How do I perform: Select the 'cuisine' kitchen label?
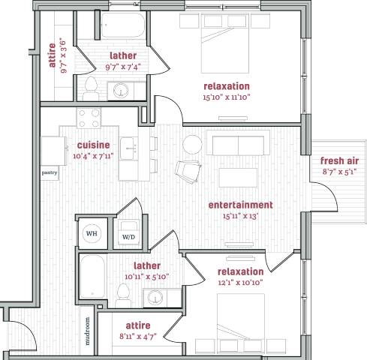pos(94,145)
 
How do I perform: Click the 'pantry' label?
pos(50,171)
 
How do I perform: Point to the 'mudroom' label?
pos(87,329)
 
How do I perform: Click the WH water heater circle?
pos(92,234)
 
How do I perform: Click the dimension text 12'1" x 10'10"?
pos(240,282)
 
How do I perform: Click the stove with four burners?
pos(89,118)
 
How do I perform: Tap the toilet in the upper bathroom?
pos(91,88)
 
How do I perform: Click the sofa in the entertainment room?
pos(241,145)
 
